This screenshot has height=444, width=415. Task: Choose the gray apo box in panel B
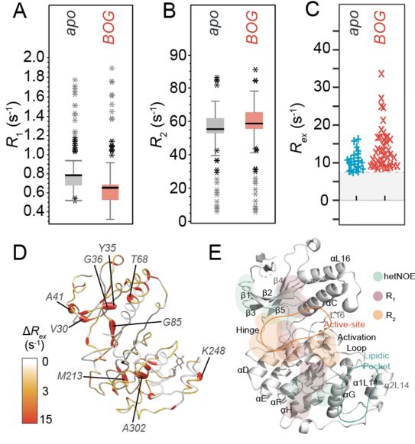pyautogui.click(x=217, y=125)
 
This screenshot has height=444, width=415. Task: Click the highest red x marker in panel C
pyautogui.click(x=381, y=74)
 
